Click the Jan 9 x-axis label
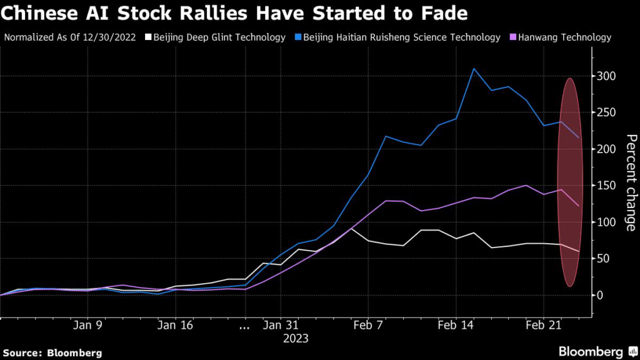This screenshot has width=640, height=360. pos(87,326)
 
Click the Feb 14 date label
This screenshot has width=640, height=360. pos(456,326)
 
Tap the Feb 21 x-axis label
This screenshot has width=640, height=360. pos(542,326)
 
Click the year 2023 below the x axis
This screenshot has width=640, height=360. pos(295,338)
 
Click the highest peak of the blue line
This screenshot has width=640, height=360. pos(474,69)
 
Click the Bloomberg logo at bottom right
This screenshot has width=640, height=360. pos(596,351)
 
